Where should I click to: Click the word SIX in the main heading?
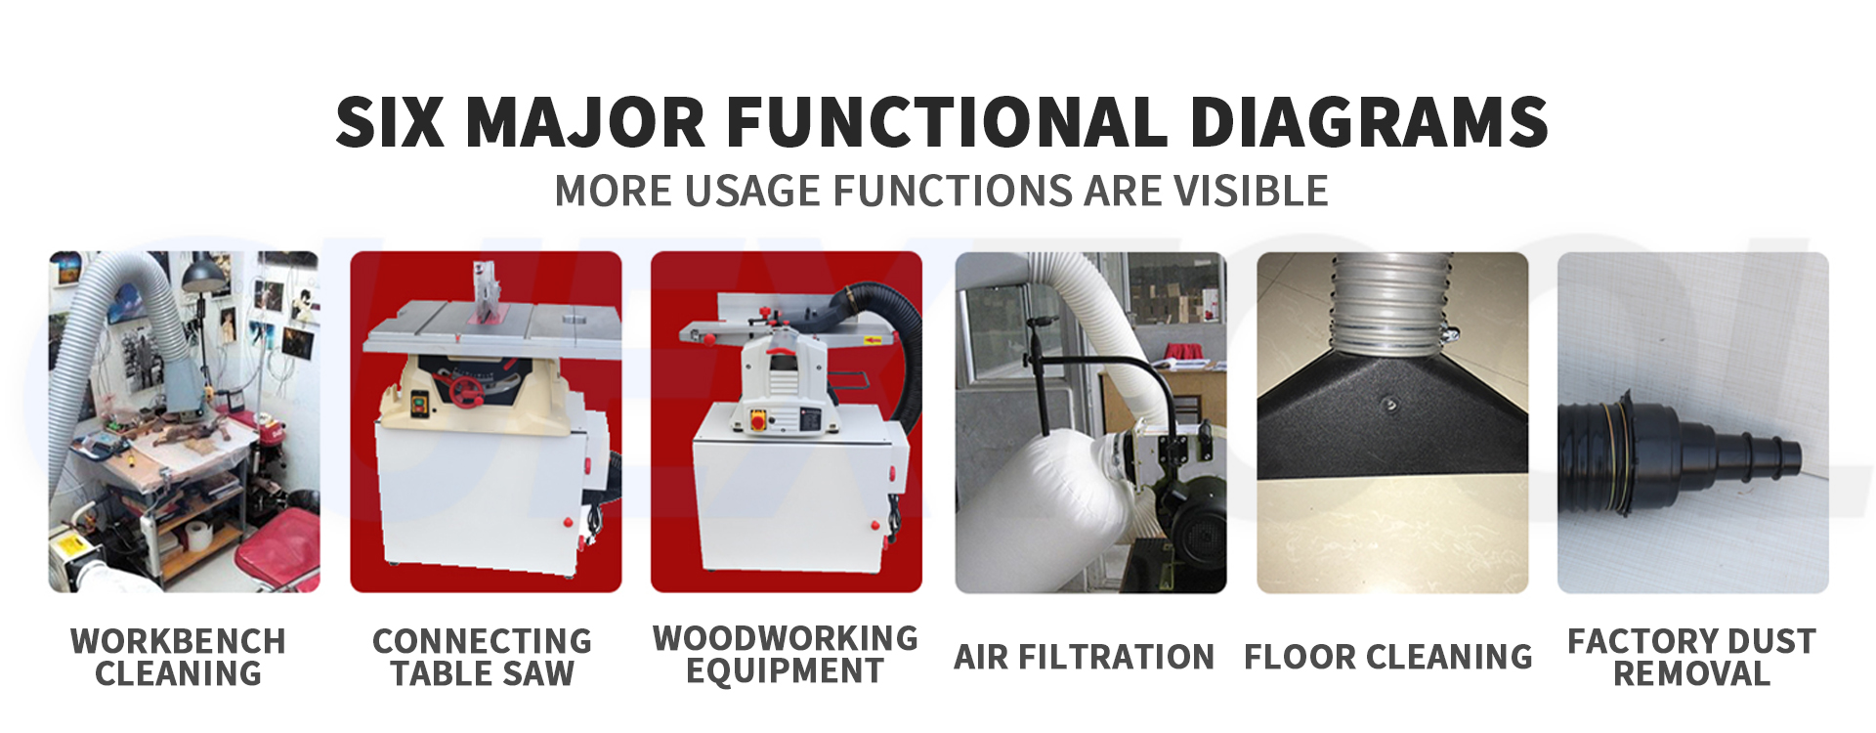click(x=390, y=122)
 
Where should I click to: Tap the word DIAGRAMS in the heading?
click(x=1369, y=122)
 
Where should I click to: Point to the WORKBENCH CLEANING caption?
click(x=179, y=657)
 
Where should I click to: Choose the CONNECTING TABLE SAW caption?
click(x=483, y=657)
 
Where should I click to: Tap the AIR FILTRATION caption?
click(x=1085, y=657)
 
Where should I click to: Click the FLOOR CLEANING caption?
click(x=1388, y=657)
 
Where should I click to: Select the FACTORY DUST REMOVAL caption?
click(x=1692, y=657)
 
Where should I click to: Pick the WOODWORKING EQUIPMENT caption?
click(x=786, y=655)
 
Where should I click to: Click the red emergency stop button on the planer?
click(x=757, y=419)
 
